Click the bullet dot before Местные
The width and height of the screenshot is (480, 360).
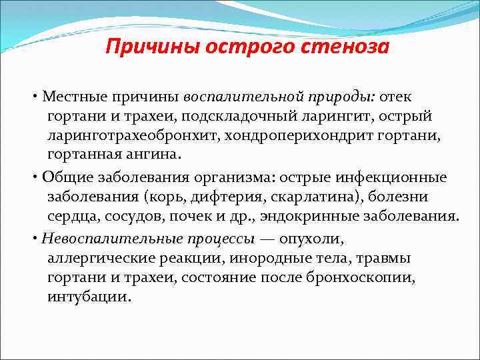pos(34,97)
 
